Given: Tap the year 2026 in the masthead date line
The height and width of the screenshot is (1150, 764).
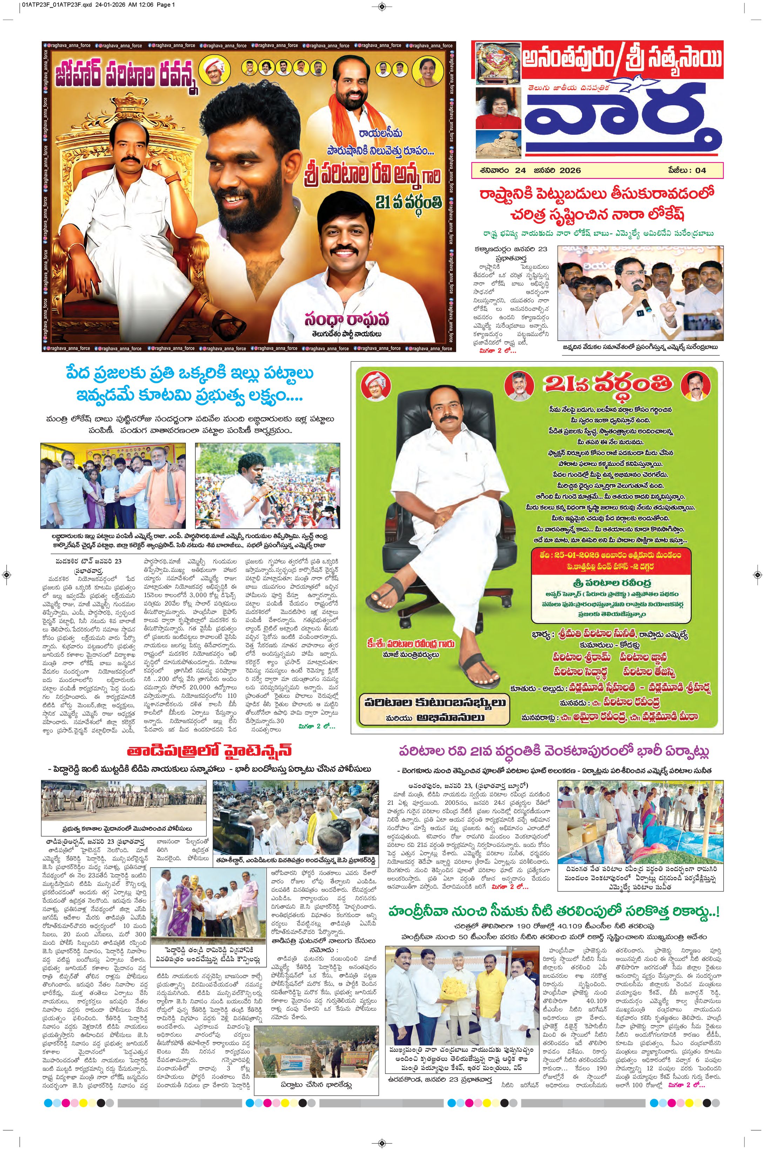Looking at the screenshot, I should [570, 171].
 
